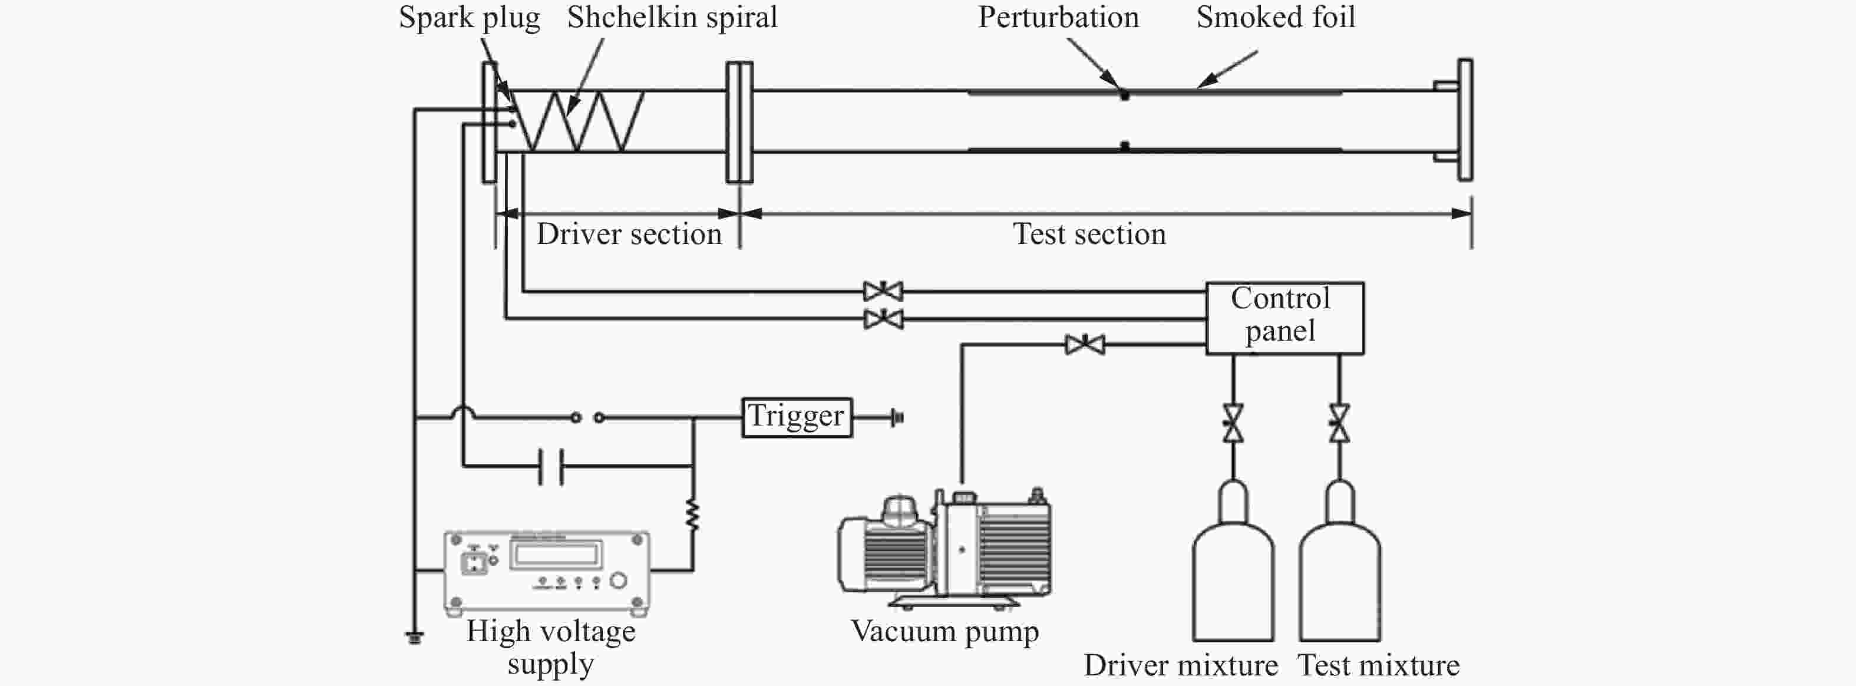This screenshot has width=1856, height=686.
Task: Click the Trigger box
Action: click(797, 417)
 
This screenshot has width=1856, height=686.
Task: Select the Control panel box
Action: click(1284, 318)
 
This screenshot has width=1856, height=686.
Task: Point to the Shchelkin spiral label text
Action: click(672, 17)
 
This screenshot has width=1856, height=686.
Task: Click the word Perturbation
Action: click(1058, 17)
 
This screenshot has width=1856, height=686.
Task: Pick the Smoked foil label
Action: click(1275, 17)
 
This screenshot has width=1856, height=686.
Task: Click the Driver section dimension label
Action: click(629, 234)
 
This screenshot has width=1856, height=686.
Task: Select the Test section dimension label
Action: click(1089, 234)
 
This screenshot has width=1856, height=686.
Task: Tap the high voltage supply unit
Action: click(547, 573)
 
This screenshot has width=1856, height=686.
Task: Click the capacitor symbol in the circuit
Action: click(551, 466)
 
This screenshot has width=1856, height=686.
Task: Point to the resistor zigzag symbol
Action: click(692, 515)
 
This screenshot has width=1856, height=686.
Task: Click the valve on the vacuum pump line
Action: click(1084, 344)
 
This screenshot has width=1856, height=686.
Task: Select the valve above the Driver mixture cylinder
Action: click(1233, 424)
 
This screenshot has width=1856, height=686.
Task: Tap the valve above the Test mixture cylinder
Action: click(1339, 424)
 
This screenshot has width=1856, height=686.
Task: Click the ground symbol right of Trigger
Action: click(898, 417)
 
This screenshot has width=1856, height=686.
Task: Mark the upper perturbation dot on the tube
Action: click(1124, 94)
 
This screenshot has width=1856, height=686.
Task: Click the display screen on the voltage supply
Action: click(555, 555)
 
